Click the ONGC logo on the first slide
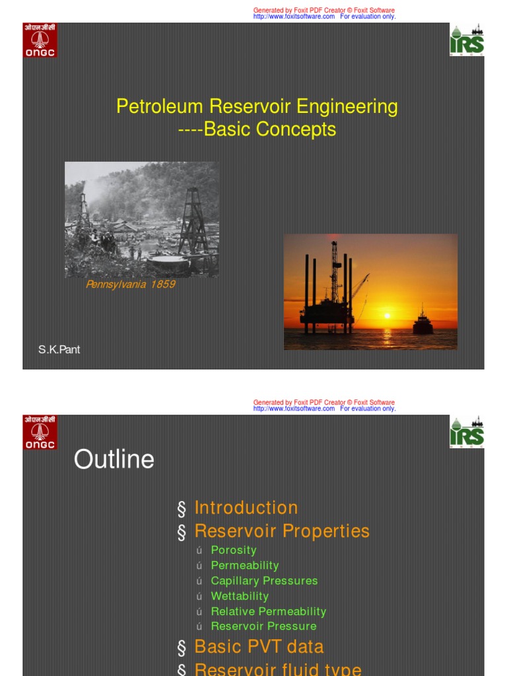tap(40, 41)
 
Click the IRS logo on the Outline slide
tap(467, 433)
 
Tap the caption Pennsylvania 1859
tap(131, 285)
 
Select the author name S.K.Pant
tap(59, 349)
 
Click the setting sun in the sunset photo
tap(388, 316)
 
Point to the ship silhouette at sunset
tap(423, 323)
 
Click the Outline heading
tap(114, 459)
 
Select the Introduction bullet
tap(246, 508)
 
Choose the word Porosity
tap(234, 550)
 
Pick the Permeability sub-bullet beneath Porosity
tap(245, 565)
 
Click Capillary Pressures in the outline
tap(264, 580)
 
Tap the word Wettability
tap(240, 596)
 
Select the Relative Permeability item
tap(269, 611)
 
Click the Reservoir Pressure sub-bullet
tap(263, 626)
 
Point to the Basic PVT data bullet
tap(259, 647)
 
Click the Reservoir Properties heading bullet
tap(282, 531)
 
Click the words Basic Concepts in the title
tap(270, 129)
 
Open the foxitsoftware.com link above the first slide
tap(294, 17)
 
